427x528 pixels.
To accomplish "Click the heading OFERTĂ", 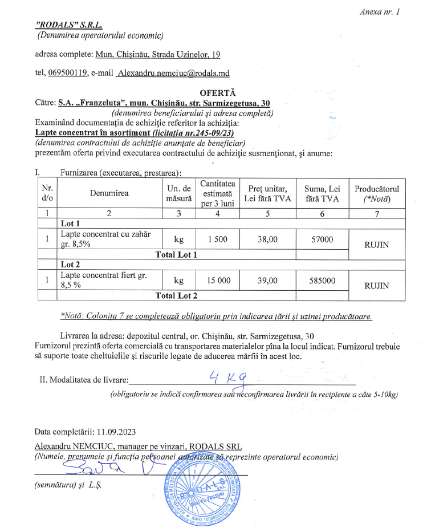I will pyautogui.click(x=218, y=93).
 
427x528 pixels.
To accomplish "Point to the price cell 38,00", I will pyautogui.click(x=267, y=239).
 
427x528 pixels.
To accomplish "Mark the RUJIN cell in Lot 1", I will pyautogui.click(x=376, y=245).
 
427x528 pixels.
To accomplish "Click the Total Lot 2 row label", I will pyautogui.click(x=176, y=295).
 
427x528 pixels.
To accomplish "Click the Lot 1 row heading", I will pyautogui.click(x=70, y=223).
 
